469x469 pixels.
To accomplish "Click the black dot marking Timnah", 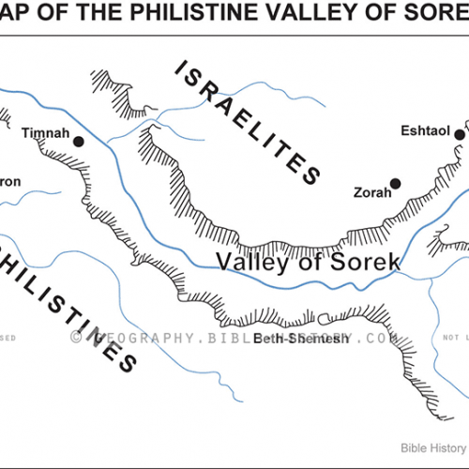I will coord(79,142).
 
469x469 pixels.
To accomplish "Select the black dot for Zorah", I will coord(396,183).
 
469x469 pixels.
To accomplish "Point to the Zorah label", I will coord(369,193).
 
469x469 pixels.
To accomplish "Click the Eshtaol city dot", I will coord(460,135).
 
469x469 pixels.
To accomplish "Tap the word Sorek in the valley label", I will coord(361,263).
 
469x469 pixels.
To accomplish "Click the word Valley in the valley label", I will coord(249,263).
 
